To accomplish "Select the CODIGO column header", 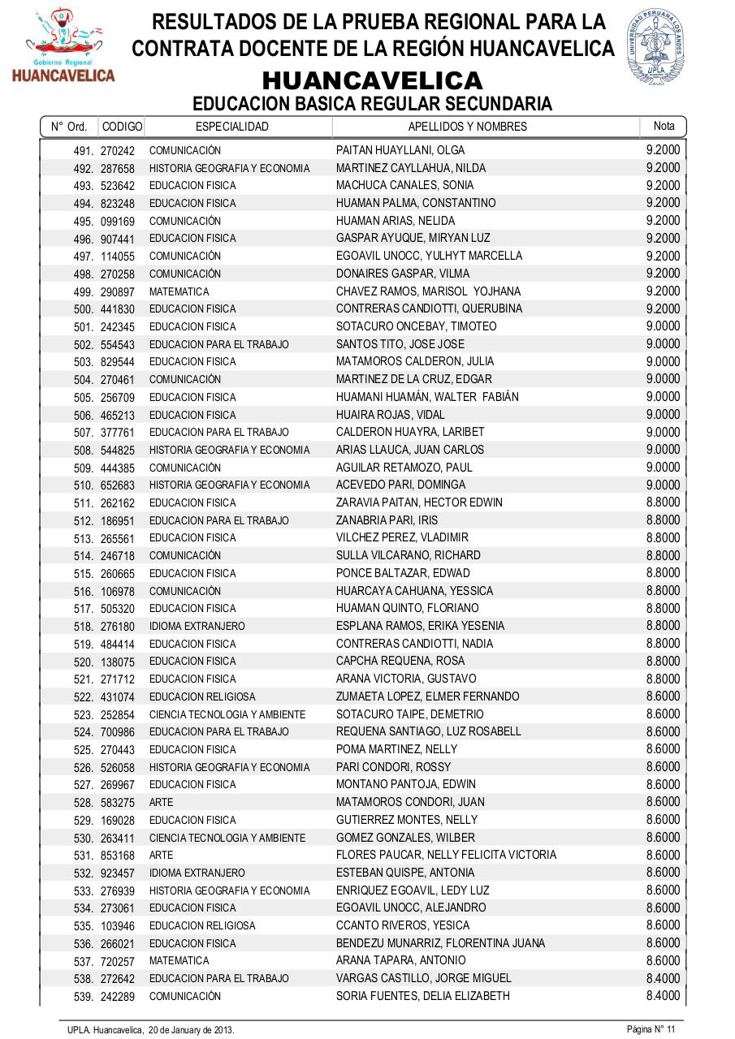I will (x=122, y=127).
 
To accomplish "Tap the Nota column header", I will (x=664, y=126).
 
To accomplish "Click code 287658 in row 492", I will (x=118, y=169).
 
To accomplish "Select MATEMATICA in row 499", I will (x=179, y=291).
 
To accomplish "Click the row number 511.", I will (x=84, y=503).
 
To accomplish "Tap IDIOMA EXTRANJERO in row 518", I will (x=197, y=627).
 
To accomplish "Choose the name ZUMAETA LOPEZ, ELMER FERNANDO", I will (x=427, y=696).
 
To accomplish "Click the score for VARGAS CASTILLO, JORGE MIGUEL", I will (x=663, y=978).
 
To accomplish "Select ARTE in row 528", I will (x=161, y=802).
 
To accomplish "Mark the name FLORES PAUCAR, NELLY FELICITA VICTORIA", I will (x=446, y=855).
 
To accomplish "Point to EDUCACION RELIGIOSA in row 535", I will (x=202, y=925).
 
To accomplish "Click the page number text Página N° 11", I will (x=651, y=1029).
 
